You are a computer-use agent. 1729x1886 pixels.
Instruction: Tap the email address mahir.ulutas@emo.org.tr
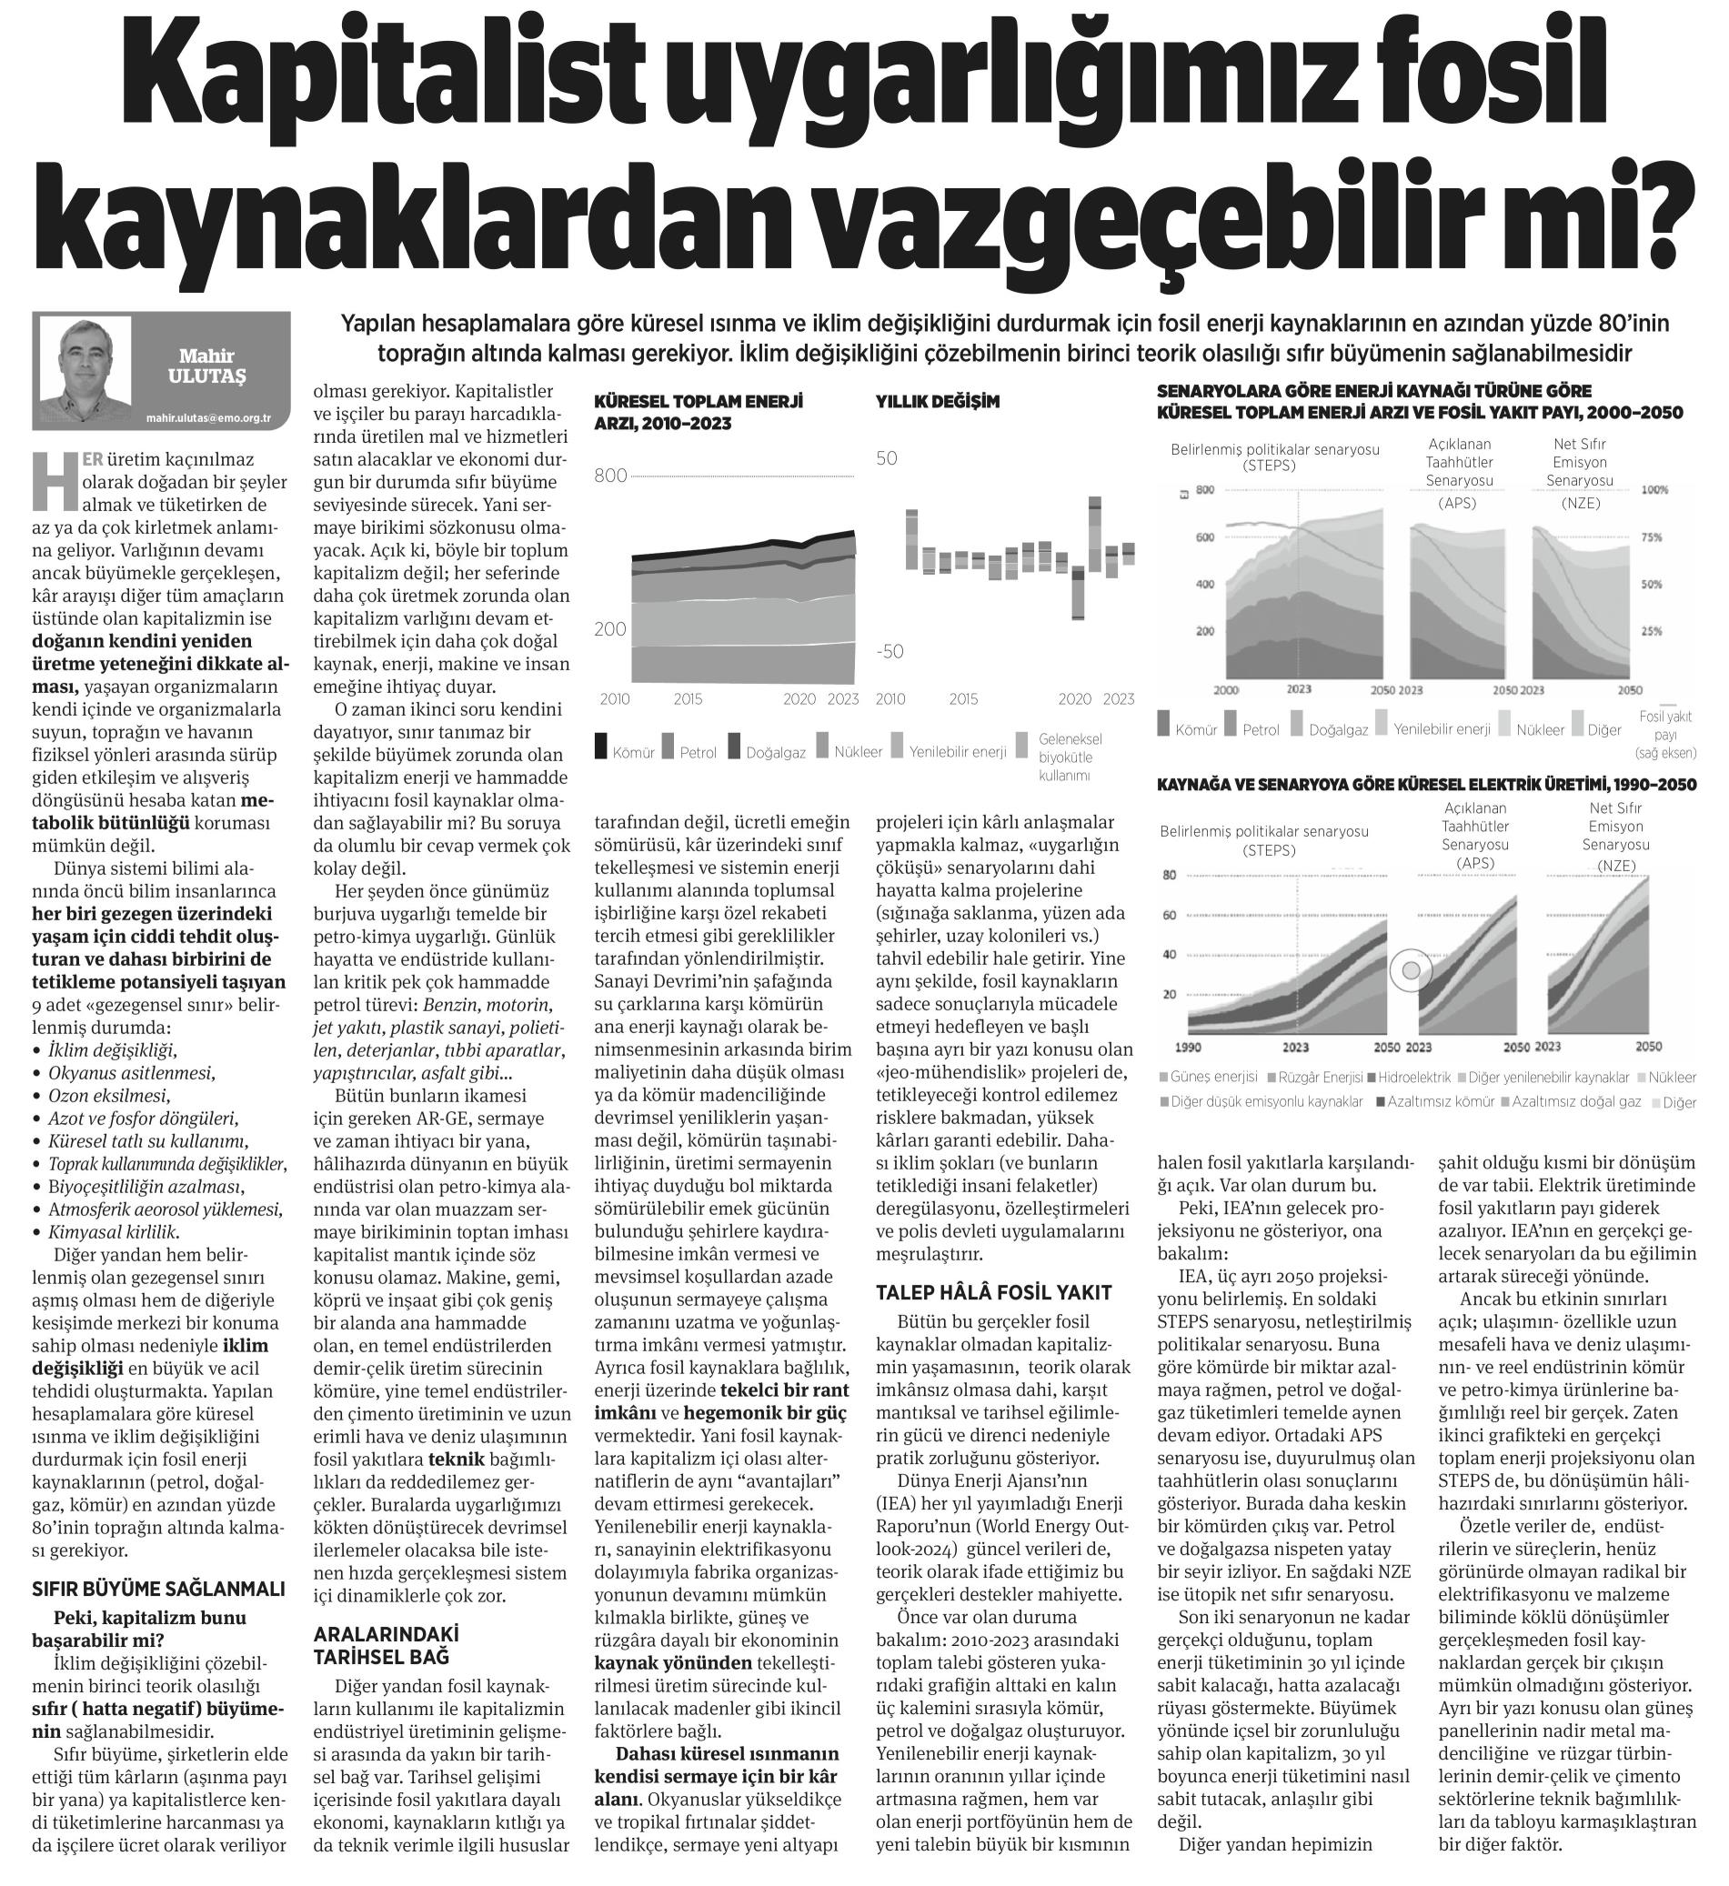tap(207, 419)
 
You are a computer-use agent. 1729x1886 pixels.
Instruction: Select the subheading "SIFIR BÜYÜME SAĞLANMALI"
tap(158, 1589)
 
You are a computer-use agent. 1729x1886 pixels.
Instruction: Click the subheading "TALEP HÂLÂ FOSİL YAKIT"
tap(993, 1292)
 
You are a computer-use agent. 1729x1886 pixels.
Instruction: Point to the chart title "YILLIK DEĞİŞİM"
tap(938, 401)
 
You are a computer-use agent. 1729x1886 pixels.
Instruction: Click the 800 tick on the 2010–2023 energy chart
tap(611, 477)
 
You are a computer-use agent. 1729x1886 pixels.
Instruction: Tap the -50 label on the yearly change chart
tap(889, 651)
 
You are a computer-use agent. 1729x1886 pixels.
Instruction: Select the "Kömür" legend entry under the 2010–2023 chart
tap(624, 750)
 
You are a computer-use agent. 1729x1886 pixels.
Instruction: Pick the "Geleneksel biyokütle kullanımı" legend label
tap(1070, 757)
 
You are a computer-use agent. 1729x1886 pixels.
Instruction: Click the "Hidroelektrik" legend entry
tap(1413, 1077)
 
